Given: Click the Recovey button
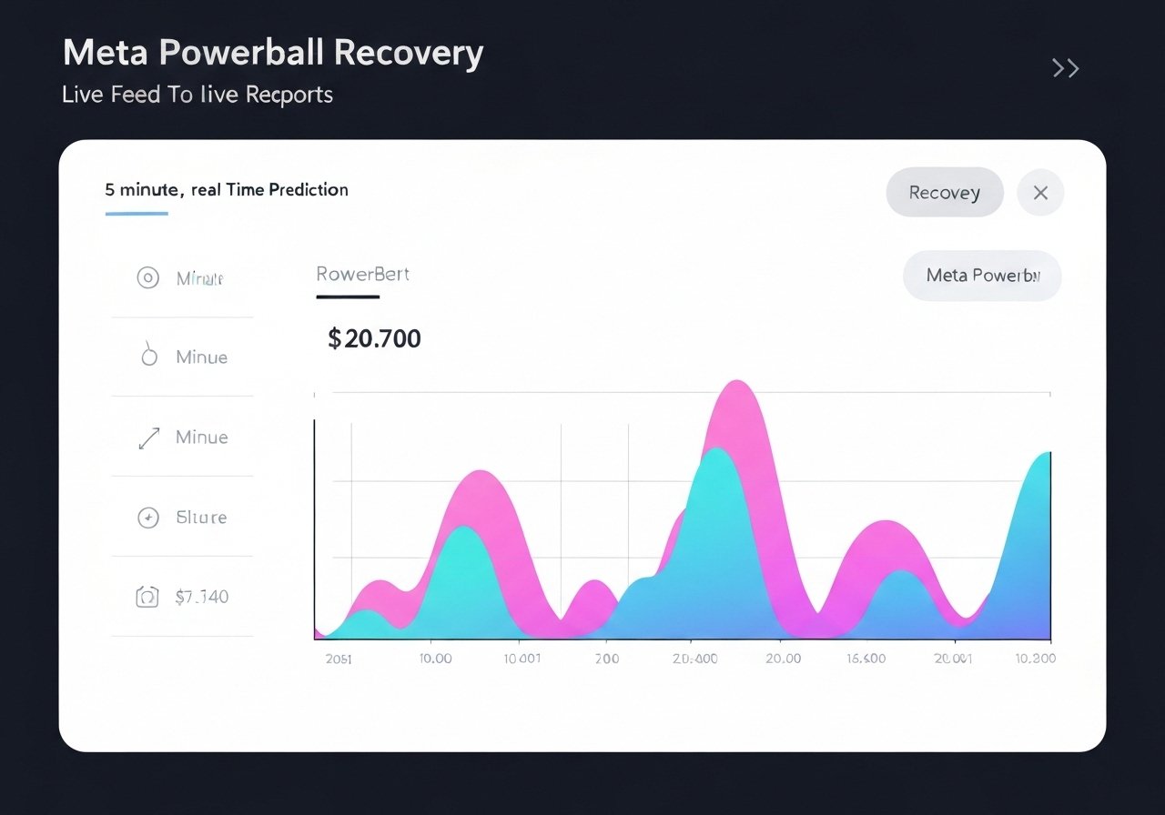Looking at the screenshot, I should point(944,193).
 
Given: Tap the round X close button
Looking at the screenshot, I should point(1040,193).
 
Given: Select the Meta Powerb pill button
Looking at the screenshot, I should point(981,275).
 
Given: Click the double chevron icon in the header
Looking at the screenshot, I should point(1065,68).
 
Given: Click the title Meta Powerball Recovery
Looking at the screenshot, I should point(272,54).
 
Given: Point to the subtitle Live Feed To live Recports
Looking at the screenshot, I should point(198,95).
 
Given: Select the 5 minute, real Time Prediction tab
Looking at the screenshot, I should point(227,190).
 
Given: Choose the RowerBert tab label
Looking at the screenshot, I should point(362,274).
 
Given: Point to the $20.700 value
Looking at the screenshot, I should point(374,339).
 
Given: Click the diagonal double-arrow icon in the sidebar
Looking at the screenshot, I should point(148,438).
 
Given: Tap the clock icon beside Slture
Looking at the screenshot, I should point(147,518).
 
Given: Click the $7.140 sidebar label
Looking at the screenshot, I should point(201,598).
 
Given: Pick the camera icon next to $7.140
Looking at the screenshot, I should point(147,598).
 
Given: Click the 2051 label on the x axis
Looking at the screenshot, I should point(339,659).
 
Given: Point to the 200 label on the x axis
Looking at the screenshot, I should point(606,659).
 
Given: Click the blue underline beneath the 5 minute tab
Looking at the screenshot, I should point(137,214).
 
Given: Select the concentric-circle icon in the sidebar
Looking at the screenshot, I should point(147,278).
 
